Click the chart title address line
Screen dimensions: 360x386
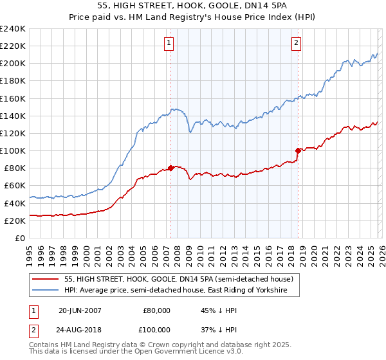tap(193, 6)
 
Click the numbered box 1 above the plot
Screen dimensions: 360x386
tap(169, 43)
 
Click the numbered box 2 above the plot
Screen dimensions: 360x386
tap(296, 43)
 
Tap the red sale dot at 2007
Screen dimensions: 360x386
tap(170, 168)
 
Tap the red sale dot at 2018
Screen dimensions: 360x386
tap(298, 150)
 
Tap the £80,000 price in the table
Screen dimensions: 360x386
tap(156, 310)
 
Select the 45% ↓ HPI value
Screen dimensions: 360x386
tap(214, 310)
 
